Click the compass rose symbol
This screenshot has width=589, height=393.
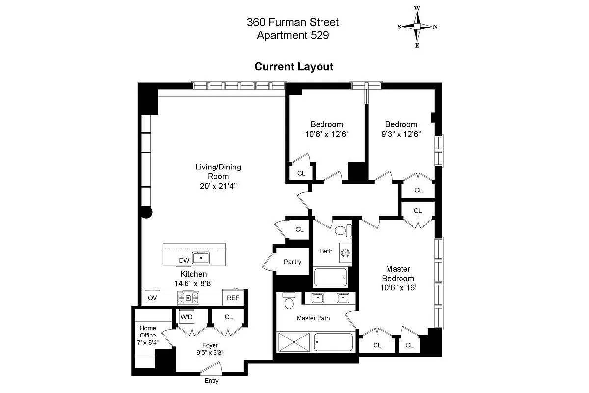(x=417, y=27)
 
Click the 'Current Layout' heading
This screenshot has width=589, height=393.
(x=294, y=67)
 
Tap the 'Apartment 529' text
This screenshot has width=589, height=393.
(x=293, y=35)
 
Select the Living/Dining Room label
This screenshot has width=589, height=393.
(x=218, y=172)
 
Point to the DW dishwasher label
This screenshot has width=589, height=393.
(x=184, y=260)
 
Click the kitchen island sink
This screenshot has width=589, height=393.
(x=200, y=257)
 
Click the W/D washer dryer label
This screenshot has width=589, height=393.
(x=186, y=317)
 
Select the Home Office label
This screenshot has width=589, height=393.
(x=148, y=332)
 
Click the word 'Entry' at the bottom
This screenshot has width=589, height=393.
(x=211, y=381)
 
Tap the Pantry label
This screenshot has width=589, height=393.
(x=293, y=262)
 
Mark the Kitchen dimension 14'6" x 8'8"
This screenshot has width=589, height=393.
(x=193, y=283)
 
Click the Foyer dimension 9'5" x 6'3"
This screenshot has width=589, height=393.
(x=207, y=352)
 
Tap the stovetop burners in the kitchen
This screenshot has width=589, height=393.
(x=188, y=298)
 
